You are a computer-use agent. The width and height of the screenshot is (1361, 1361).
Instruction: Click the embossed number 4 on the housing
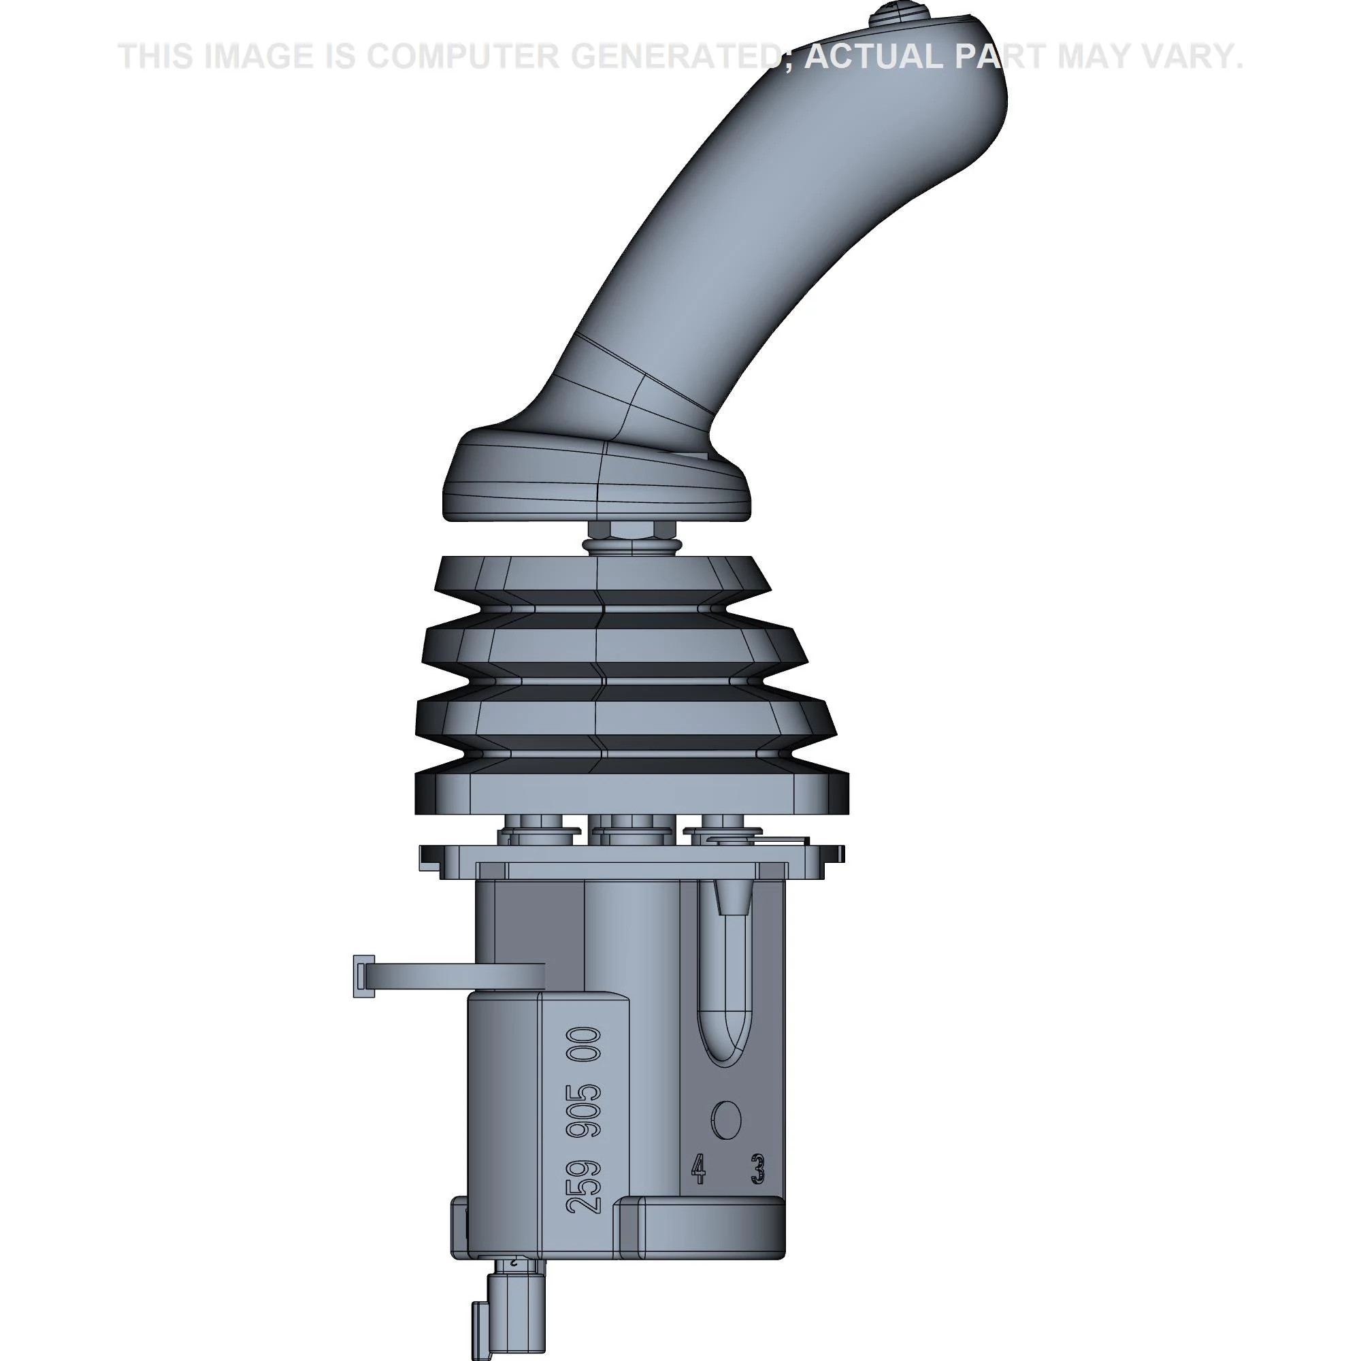pyautogui.click(x=698, y=1168)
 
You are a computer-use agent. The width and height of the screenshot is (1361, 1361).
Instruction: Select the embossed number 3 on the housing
pyautogui.click(x=758, y=1168)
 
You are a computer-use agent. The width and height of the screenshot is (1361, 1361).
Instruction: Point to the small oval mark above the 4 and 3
pyautogui.click(x=726, y=1119)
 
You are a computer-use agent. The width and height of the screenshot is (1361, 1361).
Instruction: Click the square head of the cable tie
pyautogui.click(x=363, y=976)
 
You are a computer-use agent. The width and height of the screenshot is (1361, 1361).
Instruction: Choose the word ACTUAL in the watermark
pyautogui.click(x=874, y=56)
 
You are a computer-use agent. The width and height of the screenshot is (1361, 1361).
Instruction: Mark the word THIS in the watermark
pyautogui.click(x=156, y=56)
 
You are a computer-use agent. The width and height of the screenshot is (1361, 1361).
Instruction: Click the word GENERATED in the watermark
pyautogui.click(x=676, y=56)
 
